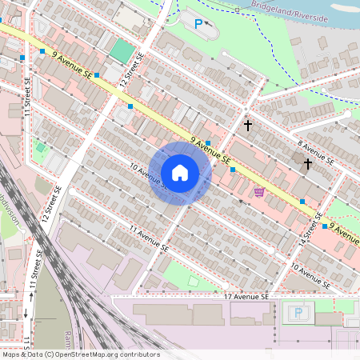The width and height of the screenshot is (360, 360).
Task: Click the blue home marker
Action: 180,172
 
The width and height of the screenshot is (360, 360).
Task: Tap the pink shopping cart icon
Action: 259,191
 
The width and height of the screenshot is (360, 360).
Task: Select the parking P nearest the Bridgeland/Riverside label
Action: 198,24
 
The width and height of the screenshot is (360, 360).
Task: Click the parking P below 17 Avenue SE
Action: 298,312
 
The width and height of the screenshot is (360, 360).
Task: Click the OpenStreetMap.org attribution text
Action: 80,354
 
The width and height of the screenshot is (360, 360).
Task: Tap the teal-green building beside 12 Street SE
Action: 122,50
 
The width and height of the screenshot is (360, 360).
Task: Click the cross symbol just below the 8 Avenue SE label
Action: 308,163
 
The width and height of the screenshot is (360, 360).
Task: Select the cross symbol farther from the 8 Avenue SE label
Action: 248,126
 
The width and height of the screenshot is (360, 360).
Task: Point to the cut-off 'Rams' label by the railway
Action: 66,338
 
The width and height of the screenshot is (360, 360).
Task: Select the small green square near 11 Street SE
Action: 41,147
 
